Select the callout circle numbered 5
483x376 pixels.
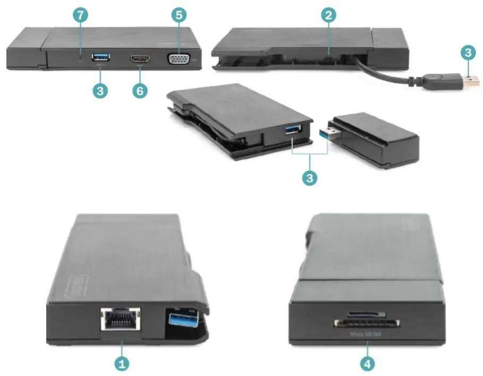(179, 15)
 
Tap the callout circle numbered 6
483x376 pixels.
(139, 90)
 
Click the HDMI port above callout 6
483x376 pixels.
(139, 59)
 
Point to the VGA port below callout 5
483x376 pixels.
(178, 58)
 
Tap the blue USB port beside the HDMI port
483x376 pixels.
(100, 57)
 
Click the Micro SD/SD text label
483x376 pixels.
(367, 335)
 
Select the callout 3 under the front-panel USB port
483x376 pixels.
(99, 90)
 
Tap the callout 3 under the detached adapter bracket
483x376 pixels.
(309, 177)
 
